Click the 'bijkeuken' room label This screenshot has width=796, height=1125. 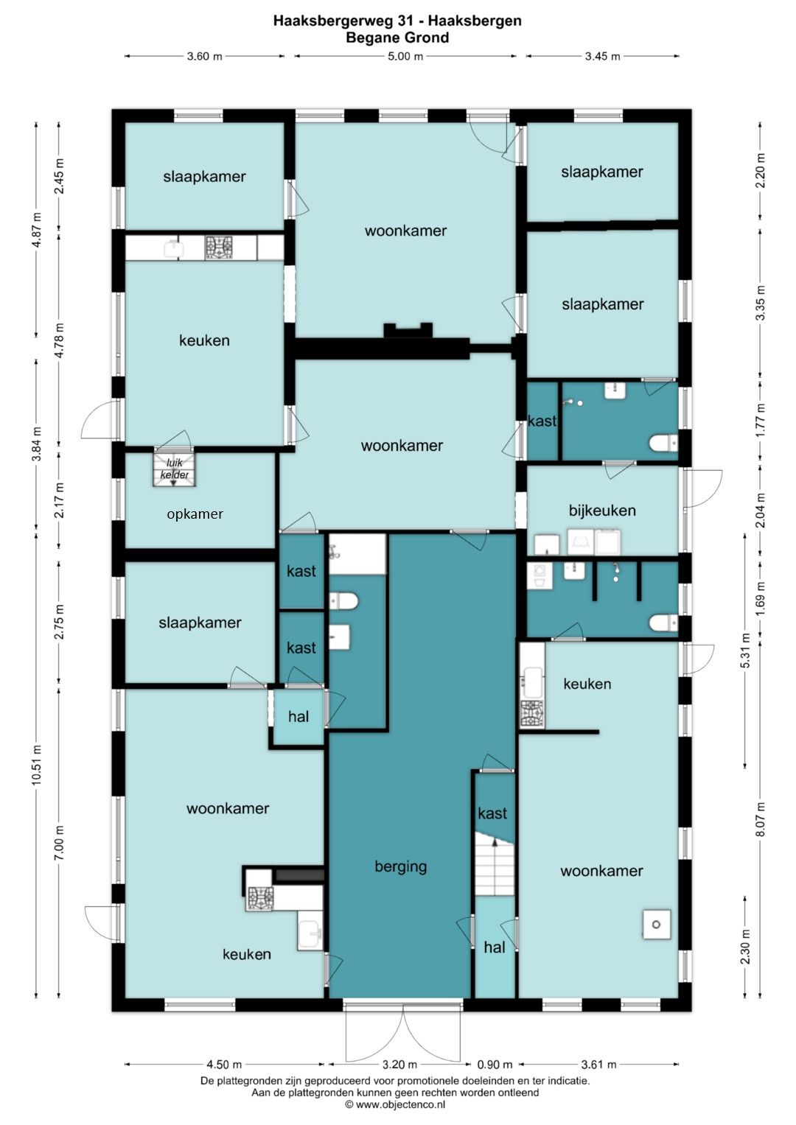[x=602, y=511]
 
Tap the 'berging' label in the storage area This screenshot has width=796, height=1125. [x=400, y=867]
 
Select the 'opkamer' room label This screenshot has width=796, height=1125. [x=195, y=514]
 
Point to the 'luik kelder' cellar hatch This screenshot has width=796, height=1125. [x=174, y=469]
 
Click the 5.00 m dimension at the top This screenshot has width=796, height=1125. [x=405, y=56]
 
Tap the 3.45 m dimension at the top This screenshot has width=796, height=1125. [x=602, y=56]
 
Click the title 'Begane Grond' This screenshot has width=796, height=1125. [x=397, y=38]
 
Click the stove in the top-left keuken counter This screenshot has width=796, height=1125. [x=219, y=247]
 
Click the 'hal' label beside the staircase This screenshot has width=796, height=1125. [x=494, y=947]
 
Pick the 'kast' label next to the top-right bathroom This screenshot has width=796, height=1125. [x=542, y=421]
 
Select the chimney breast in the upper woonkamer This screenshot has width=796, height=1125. [x=408, y=331]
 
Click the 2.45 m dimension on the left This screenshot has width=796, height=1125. [x=59, y=176]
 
